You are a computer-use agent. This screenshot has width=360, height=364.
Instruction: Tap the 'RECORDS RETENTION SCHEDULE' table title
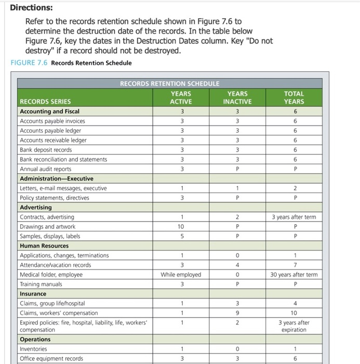(170, 83)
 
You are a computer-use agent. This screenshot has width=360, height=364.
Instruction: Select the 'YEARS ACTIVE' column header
(181, 98)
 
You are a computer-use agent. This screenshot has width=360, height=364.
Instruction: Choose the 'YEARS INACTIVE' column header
(237, 98)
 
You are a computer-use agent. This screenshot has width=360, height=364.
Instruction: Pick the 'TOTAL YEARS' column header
(294, 98)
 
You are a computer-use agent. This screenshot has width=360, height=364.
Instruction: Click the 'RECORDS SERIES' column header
(45, 101)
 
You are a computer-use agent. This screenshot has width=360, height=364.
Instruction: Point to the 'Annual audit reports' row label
(46, 169)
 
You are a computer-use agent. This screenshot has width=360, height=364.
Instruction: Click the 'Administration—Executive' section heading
(56, 178)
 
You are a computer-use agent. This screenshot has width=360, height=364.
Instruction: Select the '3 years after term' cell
(294, 217)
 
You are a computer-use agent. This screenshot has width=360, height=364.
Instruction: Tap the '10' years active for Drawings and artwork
(181, 226)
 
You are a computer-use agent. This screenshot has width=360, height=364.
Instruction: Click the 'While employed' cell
(181, 275)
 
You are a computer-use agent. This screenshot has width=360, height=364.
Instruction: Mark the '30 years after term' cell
(294, 275)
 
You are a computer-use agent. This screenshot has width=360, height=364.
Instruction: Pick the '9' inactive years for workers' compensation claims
(237, 313)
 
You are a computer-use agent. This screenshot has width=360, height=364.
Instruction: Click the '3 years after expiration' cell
(294, 326)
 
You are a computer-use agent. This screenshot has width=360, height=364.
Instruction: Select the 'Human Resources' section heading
(44, 245)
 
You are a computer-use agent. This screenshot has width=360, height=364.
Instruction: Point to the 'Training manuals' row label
(41, 284)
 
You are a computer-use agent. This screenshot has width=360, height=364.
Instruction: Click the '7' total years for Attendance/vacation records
(294, 265)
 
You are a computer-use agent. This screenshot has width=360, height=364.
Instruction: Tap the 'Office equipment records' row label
(51, 358)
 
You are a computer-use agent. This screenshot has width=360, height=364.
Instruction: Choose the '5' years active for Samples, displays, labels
(181, 236)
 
